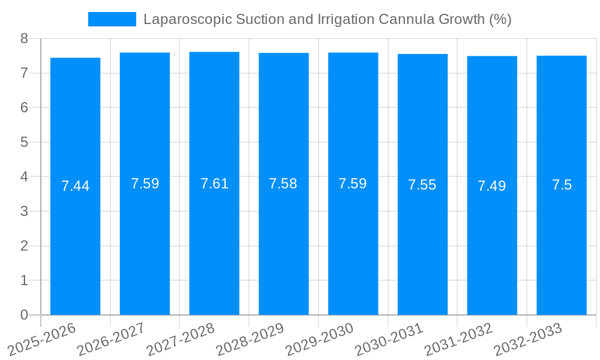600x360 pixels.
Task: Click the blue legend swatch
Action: [112, 19]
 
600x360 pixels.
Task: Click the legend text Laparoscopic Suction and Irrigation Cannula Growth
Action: [327, 19]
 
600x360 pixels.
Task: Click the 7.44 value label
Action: [75, 186]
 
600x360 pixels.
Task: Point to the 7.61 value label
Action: [214, 184]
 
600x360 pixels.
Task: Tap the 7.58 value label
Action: [283, 184]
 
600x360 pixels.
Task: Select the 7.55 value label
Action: [422, 185]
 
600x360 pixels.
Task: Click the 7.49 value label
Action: [492, 186]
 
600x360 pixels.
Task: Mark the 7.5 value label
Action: [562, 185]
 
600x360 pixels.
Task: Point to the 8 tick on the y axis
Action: [24, 38]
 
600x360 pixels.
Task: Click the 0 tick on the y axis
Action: [24, 315]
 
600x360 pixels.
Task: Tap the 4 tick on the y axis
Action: [24, 177]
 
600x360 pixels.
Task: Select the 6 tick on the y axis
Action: [24, 107]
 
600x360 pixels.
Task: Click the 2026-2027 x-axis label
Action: [111, 338]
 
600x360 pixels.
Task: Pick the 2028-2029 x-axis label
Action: [250, 338]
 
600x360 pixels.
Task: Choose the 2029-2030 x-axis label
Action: [319, 338]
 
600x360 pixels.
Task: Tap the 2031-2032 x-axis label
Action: [458, 338]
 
